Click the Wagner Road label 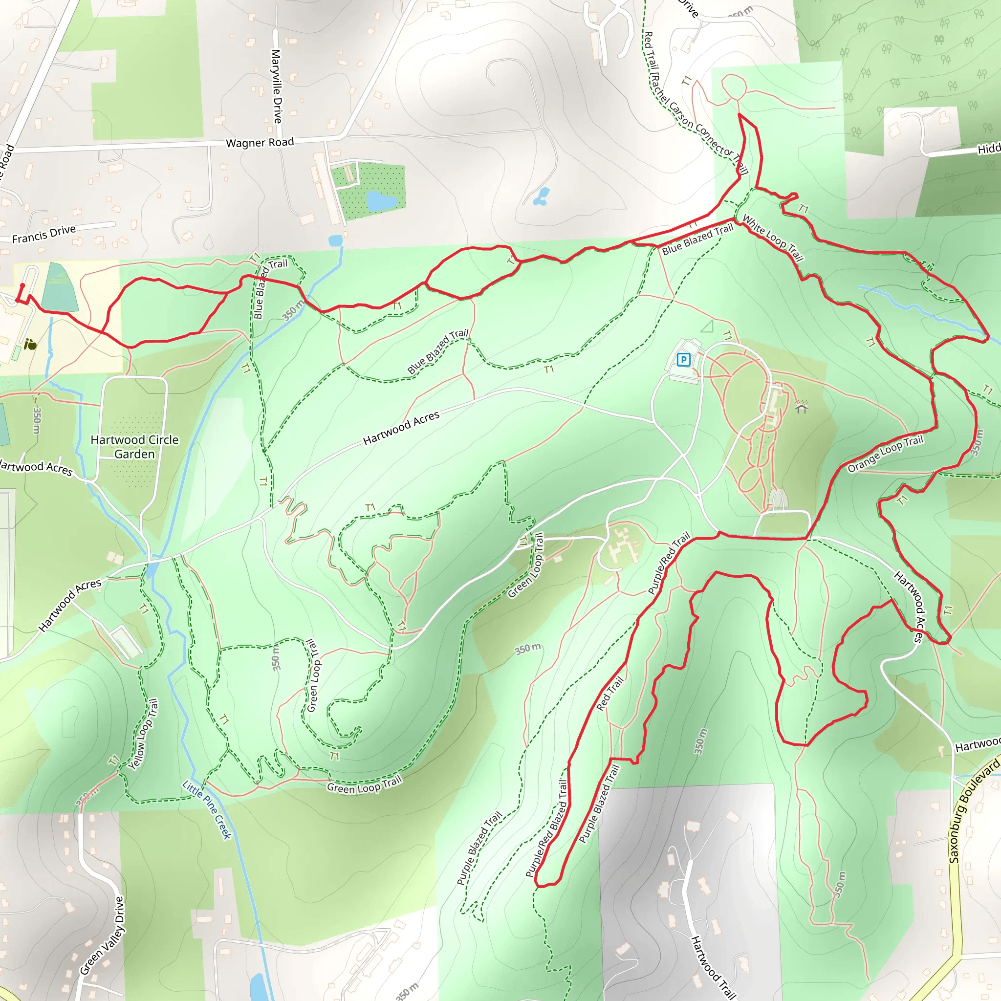260,143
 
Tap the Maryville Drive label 277,87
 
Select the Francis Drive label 44,234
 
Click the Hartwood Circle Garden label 134,447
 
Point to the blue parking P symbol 684,360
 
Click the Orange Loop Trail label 886,454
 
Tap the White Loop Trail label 773,239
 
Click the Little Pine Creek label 207,810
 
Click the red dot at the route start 22,285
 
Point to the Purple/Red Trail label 670,563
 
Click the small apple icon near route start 31,345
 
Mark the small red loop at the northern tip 733,86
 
